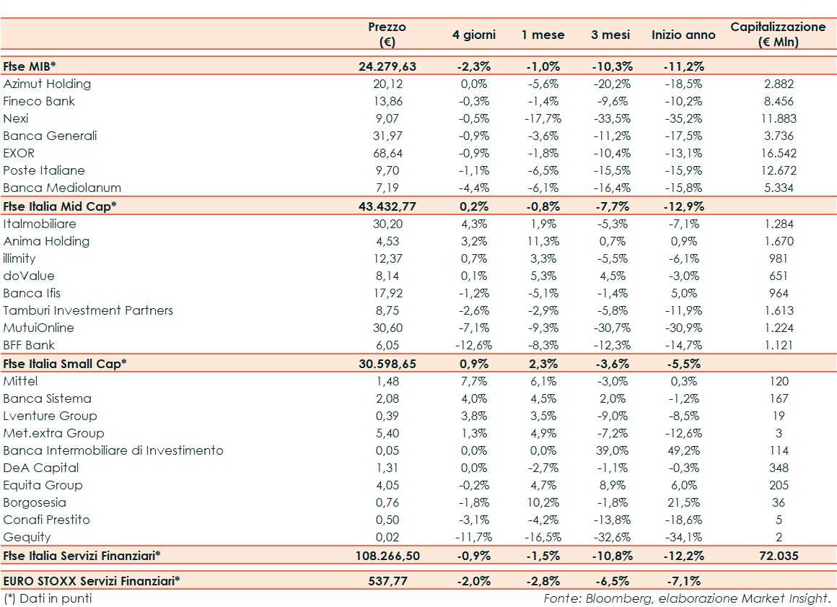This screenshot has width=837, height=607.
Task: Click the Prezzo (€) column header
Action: click(x=387, y=34)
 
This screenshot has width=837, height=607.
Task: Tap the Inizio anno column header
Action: click(x=683, y=35)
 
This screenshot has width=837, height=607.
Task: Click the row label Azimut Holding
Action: click(x=47, y=84)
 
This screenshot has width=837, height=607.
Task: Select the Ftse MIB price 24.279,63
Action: click(x=387, y=66)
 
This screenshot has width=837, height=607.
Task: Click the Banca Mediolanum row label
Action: click(x=62, y=188)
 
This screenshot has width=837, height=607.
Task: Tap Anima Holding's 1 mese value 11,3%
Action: click(x=543, y=241)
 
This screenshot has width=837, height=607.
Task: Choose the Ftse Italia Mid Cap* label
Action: click(x=60, y=206)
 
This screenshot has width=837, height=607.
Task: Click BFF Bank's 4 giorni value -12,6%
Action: click(x=473, y=345)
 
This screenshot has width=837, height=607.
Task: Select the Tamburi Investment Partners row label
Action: click(x=88, y=310)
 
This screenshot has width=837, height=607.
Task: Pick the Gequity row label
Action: click(x=27, y=537)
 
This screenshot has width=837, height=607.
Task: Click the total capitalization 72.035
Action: click(x=779, y=556)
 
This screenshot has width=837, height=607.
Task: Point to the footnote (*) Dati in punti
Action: click(x=48, y=598)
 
